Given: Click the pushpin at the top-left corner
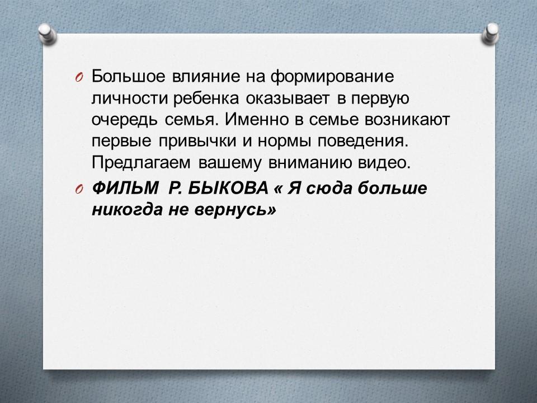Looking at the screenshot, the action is tap(47, 34).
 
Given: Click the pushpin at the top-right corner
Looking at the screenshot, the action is tap(490, 34).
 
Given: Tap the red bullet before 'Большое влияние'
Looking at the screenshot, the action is tap(78, 78).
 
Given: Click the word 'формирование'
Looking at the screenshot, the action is tap(332, 77).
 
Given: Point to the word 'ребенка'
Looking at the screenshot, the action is tap(206, 99).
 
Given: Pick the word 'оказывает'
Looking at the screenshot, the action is tap(289, 99).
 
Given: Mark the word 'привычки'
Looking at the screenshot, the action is tap(197, 142).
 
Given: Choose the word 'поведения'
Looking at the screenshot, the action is tap(363, 142).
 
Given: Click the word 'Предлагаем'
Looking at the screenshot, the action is tap(141, 163).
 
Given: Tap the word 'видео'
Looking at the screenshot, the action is tap(384, 163).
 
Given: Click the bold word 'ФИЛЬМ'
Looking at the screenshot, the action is tap(125, 188).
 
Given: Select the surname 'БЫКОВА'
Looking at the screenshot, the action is tap(228, 188).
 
